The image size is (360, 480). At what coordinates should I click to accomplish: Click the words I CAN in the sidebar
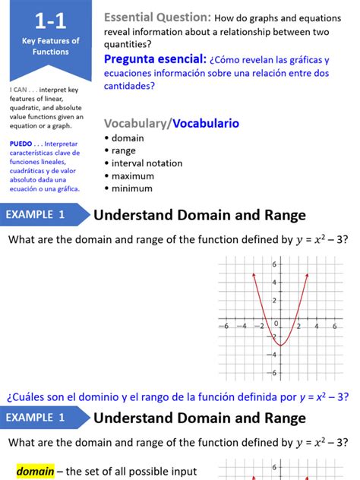pyautogui.click(x=20, y=90)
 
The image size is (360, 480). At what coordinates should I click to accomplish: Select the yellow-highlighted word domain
pyautogui.click(x=36, y=472)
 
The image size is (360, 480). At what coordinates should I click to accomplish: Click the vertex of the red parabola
pyautogui.click(x=279, y=346)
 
